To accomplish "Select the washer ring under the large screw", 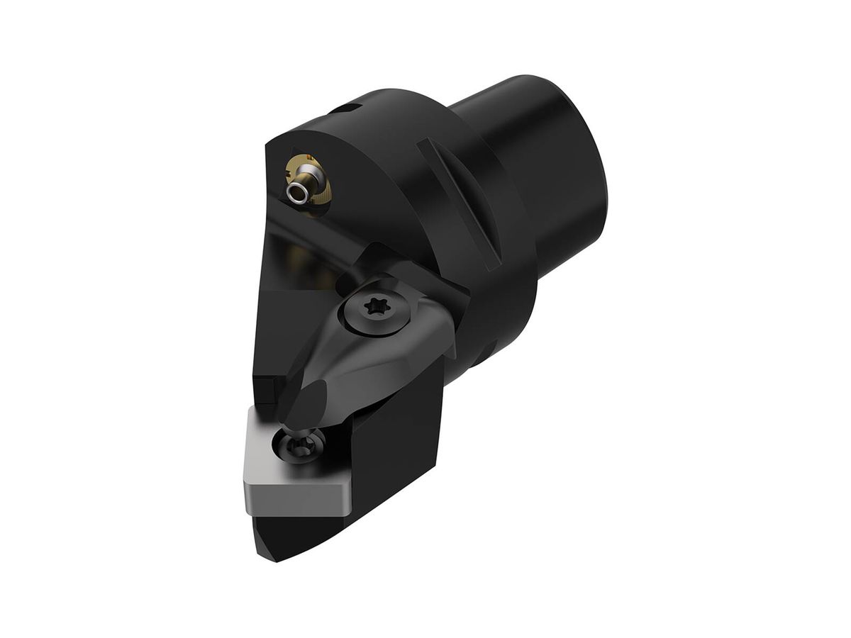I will (355, 323).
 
